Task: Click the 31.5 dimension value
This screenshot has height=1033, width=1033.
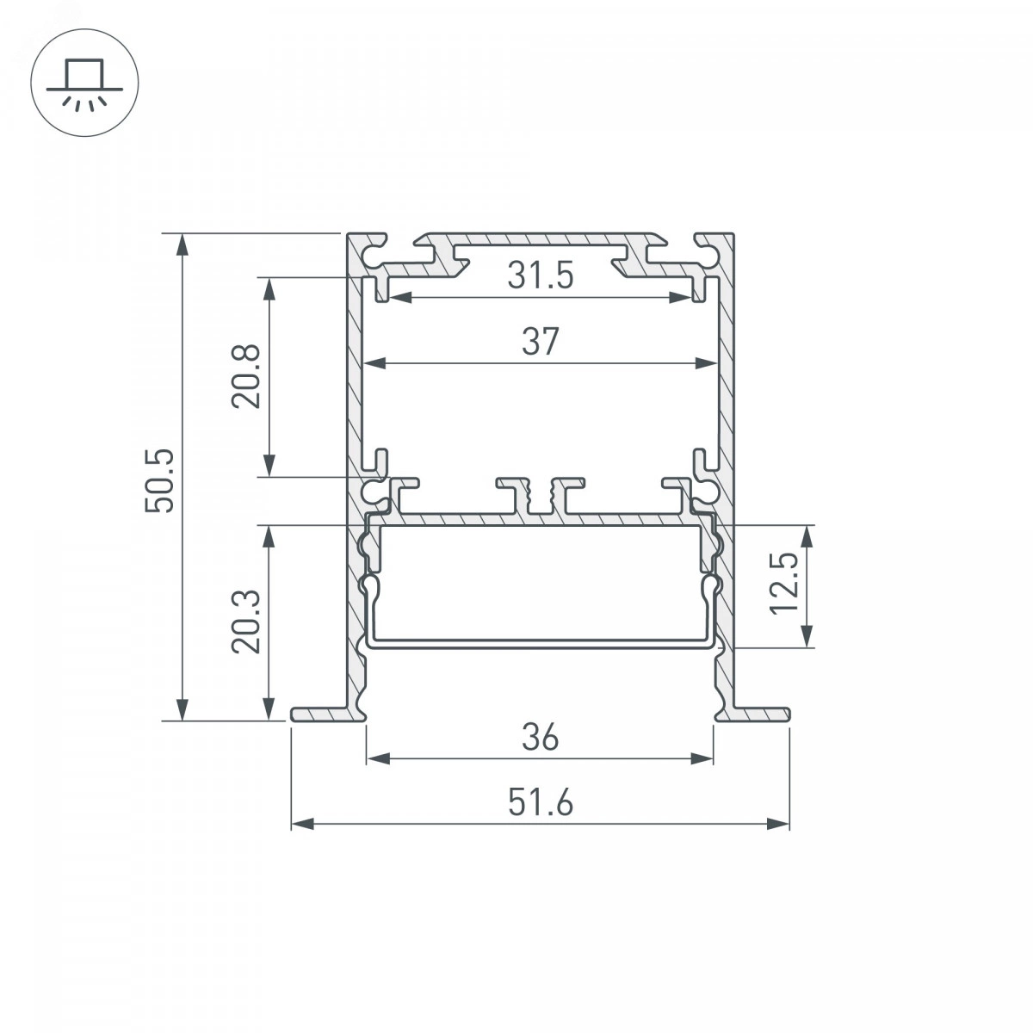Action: (x=541, y=275)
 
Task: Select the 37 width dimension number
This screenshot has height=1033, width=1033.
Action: (x=541, y=342)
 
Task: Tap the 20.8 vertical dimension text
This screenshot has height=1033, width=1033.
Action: (x=246, y=377)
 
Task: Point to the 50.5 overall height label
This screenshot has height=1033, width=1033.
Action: (x=159, y=480)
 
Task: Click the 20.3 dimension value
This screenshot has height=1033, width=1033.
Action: (x=246, y=622)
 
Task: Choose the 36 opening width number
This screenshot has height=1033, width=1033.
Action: (x=541, y=737)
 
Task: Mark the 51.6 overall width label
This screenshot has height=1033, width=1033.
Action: (x=541, y=803)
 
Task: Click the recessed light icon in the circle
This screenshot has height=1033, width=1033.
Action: (x=84, y=84)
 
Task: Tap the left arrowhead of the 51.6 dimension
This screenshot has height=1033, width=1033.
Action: (x=302, y=824)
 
